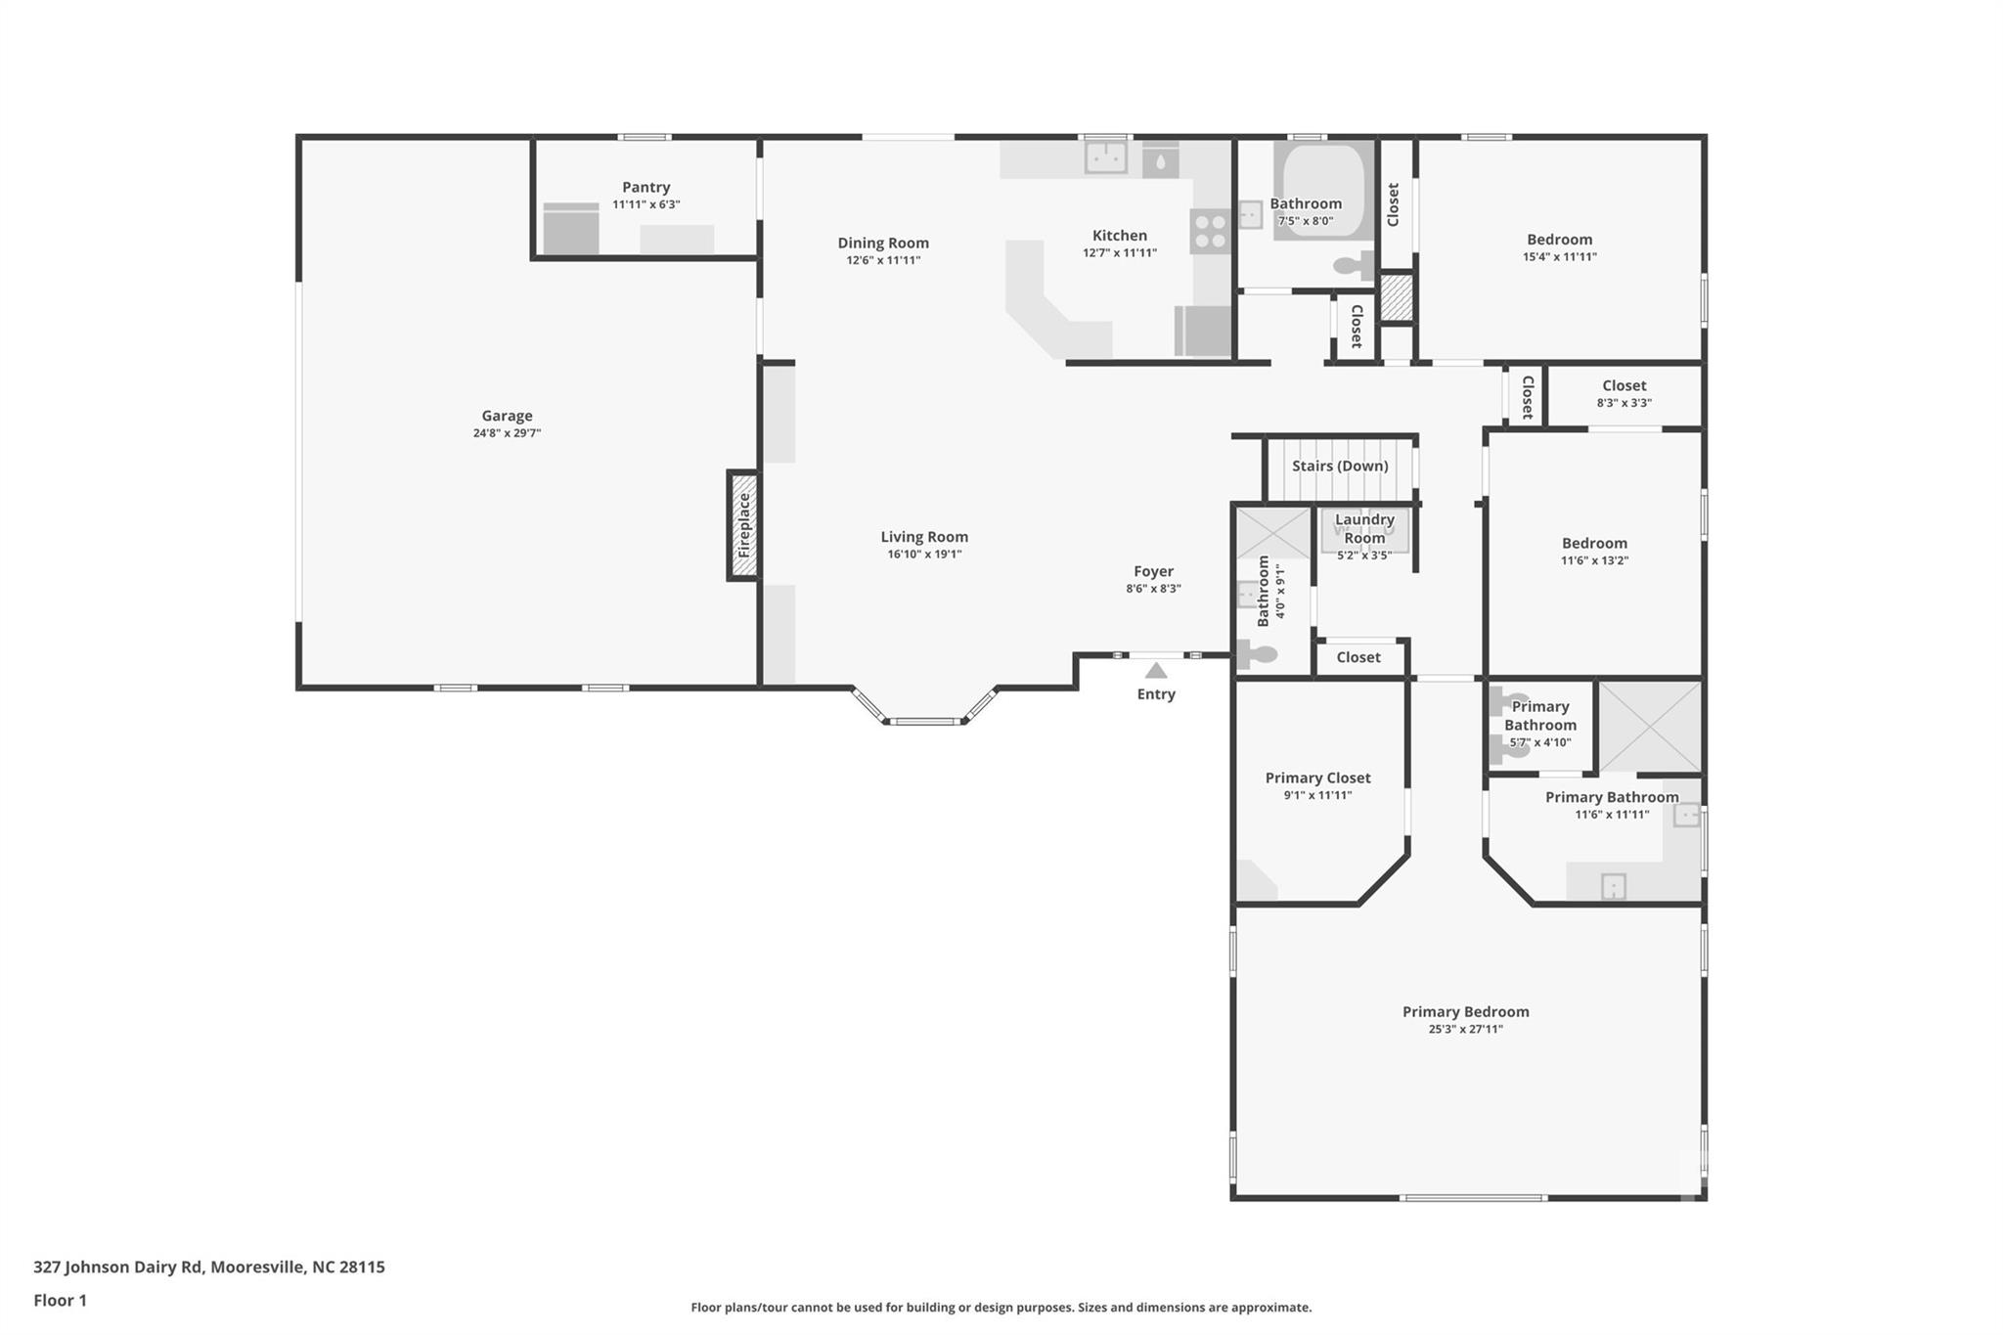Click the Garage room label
(507, 416)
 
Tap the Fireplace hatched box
(743, 525)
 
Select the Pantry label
(646, 187)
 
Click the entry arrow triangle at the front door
(1156, 670)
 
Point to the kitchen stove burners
(1210, 232)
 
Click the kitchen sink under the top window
(1106, 156)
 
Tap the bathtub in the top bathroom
(1324, 192)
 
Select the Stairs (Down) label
(1340, 466)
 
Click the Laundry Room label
(1364, 528)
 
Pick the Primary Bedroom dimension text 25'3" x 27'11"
(1465, 1029)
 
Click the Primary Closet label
(1317, 778)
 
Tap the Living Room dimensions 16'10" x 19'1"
(924, 554)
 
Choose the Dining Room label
(883, 243)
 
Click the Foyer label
(1153, 571)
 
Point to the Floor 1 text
(61, 1300)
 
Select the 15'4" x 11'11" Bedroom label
(1559, 239)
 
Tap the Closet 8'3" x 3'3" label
(1624, 385)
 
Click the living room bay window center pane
(925, 722)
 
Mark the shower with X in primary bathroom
(1650, 727)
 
